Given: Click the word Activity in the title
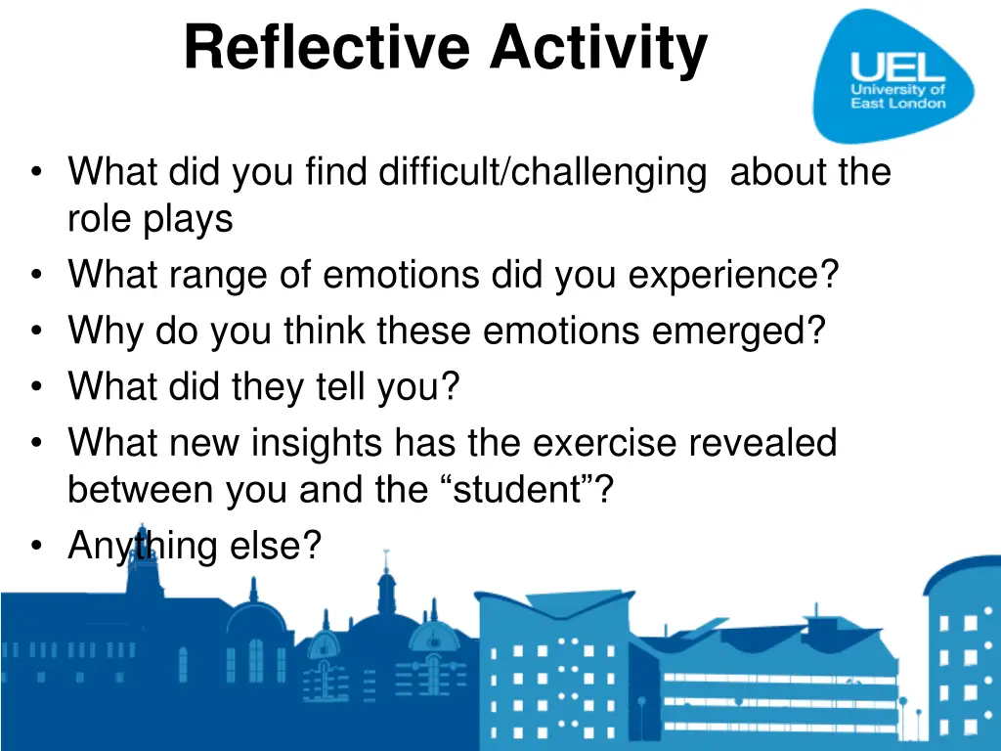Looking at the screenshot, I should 598,48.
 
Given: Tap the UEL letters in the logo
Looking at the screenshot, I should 897,66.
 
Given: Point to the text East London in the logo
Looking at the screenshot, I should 897,104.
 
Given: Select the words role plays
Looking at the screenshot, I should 150,218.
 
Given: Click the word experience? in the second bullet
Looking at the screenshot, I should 733,275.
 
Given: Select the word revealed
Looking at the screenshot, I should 762,444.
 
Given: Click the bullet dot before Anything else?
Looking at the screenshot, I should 36,547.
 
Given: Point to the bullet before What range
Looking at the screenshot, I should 36,276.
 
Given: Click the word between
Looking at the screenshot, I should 140,489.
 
